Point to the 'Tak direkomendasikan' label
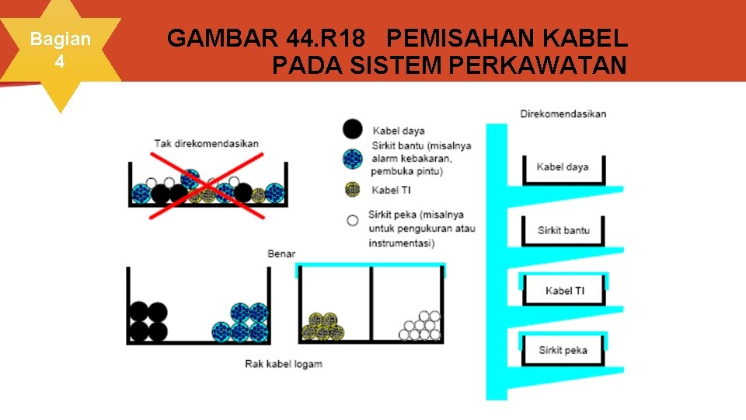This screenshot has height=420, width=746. (206, 143)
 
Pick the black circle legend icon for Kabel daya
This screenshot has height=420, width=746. (353, 130)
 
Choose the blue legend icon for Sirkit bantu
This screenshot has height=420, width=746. (353, 159)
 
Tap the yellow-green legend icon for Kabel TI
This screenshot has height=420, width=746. (353, 190)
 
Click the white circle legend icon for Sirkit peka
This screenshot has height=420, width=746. (353, 220)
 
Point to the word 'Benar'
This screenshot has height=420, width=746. (281, 254)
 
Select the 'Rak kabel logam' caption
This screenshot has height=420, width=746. (283, 364)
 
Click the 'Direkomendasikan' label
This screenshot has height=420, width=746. (563, 114)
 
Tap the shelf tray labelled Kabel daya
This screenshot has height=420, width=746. (563, 167)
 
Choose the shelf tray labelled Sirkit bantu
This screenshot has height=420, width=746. (563, 230)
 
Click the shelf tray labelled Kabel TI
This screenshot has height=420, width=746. (564, 290)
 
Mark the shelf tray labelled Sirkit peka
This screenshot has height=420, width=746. (563, 350)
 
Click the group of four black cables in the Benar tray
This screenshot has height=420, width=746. (148, 321)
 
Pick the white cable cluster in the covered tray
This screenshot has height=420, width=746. (420, 326)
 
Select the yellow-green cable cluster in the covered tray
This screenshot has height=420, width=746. (323, 327)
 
